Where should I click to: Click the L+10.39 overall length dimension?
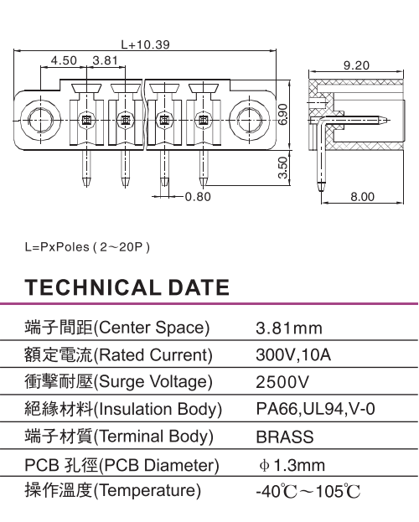[x=145, y=44]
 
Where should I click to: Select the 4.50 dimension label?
[x=64, y=60]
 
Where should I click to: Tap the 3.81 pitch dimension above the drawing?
[x=106, y=60]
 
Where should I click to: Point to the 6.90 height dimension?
[x=282, y=114]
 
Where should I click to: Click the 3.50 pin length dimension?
[x=282, y=168]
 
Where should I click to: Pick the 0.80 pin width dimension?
[x=198, y=197]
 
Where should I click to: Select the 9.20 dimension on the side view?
[x=356, y=65]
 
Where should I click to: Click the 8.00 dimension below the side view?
[x=362, y=197]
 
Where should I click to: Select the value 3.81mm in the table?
[x=289, y=328]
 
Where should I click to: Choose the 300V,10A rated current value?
[x=293, y=355]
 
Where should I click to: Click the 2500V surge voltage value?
[x=282, y=382]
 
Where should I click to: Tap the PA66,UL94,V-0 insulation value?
[x=316, y=409]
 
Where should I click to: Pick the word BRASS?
[x=285, y=437]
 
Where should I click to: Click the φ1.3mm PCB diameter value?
[x=292, y=465]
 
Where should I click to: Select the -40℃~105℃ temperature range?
[x=308, y=492]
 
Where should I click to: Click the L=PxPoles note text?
[x=87, y=247]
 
